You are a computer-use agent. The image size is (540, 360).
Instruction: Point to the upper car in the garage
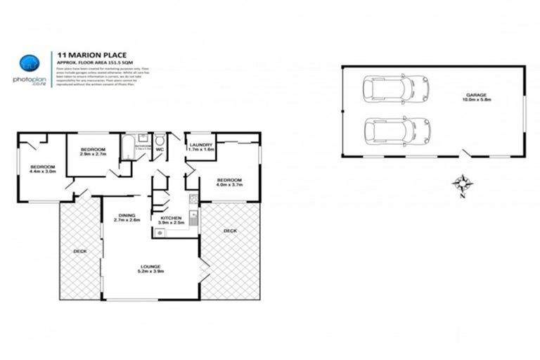point(387,89)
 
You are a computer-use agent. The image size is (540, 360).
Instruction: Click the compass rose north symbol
point(462,185)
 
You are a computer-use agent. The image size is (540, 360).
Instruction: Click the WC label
point(160,150)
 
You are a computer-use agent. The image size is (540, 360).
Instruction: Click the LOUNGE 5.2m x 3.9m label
point(150,269)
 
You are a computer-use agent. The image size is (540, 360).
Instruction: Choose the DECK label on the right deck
point(230,231)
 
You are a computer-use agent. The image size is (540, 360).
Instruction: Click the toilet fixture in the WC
point(159,139)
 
